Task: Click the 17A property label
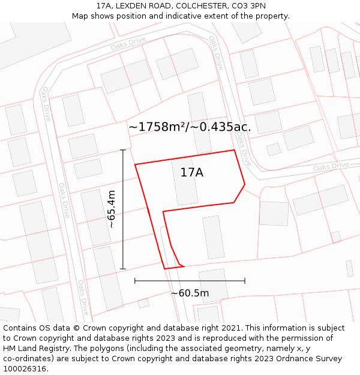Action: [x=191, y=173]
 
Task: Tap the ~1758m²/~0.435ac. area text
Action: [x=190, y=127]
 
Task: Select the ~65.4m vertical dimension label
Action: [x=111, y=209]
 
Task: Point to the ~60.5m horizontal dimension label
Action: [x=190, y=293]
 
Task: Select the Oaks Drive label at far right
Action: [x=331, y=166]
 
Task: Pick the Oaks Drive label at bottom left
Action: [x=82, y=297]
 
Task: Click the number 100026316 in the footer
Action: [x=24, y=369]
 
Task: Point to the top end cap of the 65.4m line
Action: [x=123, y=150]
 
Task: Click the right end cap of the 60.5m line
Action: [x=245, y=280]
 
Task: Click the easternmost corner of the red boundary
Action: [x=245, y=184]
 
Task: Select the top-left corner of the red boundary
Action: [x=135, y=164]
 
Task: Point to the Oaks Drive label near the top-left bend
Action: [x=46, y=103]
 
